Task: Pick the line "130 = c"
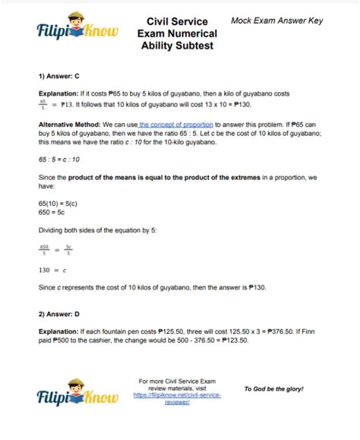[x=54, y=269]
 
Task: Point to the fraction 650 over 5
[x=45, y=248]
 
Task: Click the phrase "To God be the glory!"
[x=273, y=388]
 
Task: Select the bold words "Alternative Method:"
[x=67, y=124]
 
